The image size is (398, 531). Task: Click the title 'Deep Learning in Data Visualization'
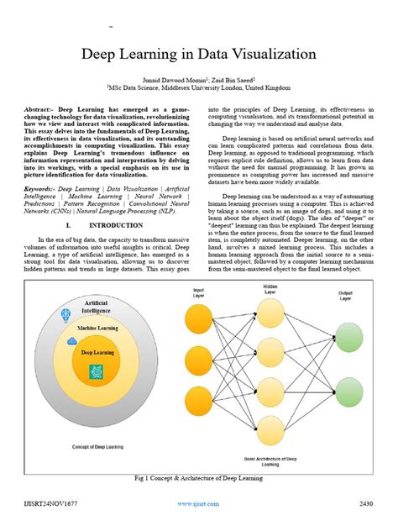click(x=198, y=55)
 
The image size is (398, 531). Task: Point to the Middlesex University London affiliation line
click(x=198, y=86)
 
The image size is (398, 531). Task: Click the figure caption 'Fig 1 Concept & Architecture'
click(x=198, y=478)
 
